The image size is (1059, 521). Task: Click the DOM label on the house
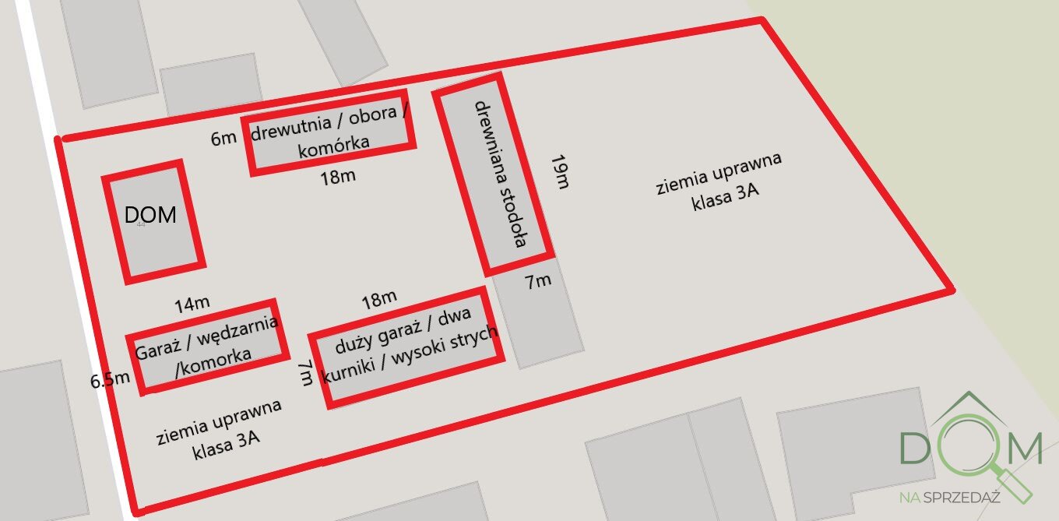150,215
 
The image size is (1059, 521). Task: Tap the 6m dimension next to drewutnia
223,139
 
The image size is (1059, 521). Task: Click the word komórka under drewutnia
333,146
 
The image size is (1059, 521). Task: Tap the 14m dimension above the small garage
192,305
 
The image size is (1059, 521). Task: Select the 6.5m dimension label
110,380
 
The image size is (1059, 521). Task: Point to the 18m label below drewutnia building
338,176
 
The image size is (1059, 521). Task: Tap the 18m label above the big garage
379,297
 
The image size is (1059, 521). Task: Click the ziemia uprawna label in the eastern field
719,172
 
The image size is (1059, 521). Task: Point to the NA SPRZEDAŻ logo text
949,497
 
